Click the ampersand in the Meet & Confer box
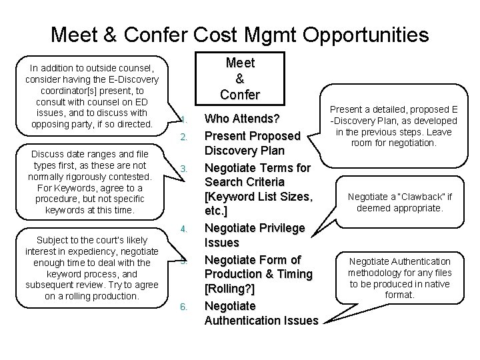click(240, 79)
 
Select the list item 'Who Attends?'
click(241, 119)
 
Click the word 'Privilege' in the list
click(281, 228)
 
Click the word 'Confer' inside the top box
click(240, 95)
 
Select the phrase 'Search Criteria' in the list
click(244, 182)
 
